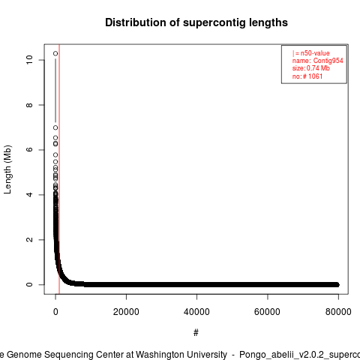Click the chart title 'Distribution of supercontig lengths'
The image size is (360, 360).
tap(196, 22)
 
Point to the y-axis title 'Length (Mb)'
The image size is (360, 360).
tap(7, 169)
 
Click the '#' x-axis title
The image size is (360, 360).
tap(196, 333)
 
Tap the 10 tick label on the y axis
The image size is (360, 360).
tap(29, 60)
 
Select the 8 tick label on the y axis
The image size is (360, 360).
tap(29, 105)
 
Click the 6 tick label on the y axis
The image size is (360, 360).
tap(29, 149)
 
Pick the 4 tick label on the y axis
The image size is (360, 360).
tap(29, 194)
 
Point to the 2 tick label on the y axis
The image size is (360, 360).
tap(29, 239)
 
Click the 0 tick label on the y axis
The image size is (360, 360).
tap(29, 284)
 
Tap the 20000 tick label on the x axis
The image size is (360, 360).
tap(126, 312)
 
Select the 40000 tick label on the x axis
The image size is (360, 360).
tap(196, 312)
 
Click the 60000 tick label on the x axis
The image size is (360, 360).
tap(267, 312)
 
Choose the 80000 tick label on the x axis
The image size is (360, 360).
tap(338, 312)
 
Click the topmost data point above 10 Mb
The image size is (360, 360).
tap(55, 53)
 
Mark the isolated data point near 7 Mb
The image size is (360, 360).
tap(55, 127)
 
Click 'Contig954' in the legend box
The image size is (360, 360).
tap(328, 61)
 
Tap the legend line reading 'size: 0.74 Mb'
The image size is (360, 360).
tap(311, 68)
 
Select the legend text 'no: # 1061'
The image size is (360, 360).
tap(307, 76)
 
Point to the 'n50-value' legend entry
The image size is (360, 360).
tap(315, 53)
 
